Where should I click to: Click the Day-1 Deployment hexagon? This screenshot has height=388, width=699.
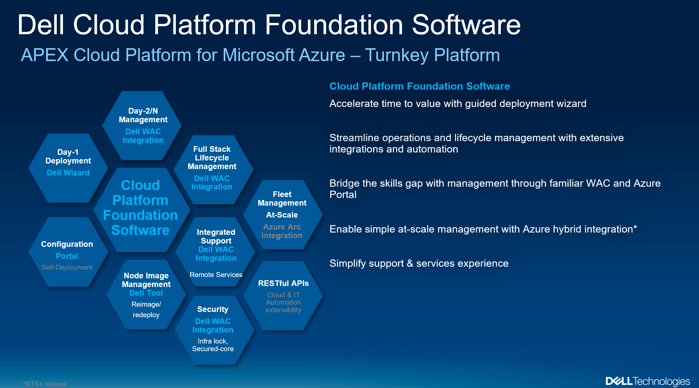click(x=68, y=168)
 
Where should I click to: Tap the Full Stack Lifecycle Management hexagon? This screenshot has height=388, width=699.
click(x=213, y=169)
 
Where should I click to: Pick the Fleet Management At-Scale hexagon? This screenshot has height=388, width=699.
click(x=283, y=215)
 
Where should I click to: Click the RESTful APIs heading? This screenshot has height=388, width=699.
click(x=283, y=283)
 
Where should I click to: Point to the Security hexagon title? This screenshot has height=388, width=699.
click(x=213, y=309)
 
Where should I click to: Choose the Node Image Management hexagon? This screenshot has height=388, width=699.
click(x=146, y=294)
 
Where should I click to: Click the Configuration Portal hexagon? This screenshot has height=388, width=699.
click(x=68, y=252)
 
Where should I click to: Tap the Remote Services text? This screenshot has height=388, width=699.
click(x=216, y=275)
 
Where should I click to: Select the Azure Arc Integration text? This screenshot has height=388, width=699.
click(x=282, y=231)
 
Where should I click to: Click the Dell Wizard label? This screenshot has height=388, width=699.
click(x=68, y=173)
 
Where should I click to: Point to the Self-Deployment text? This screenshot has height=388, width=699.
click(x=67, y=267)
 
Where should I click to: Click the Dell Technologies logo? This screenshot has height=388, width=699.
click(x=647, y=381)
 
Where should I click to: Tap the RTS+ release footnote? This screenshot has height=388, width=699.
click(x=45, y=384)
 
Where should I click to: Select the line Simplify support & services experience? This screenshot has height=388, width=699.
click(x=419, y=263)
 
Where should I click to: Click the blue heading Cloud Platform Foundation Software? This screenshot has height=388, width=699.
click(x=419, y=86)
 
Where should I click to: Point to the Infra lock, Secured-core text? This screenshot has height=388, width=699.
click(x=213, y=345)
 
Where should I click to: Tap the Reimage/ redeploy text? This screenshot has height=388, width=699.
click(x=146, y=310)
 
